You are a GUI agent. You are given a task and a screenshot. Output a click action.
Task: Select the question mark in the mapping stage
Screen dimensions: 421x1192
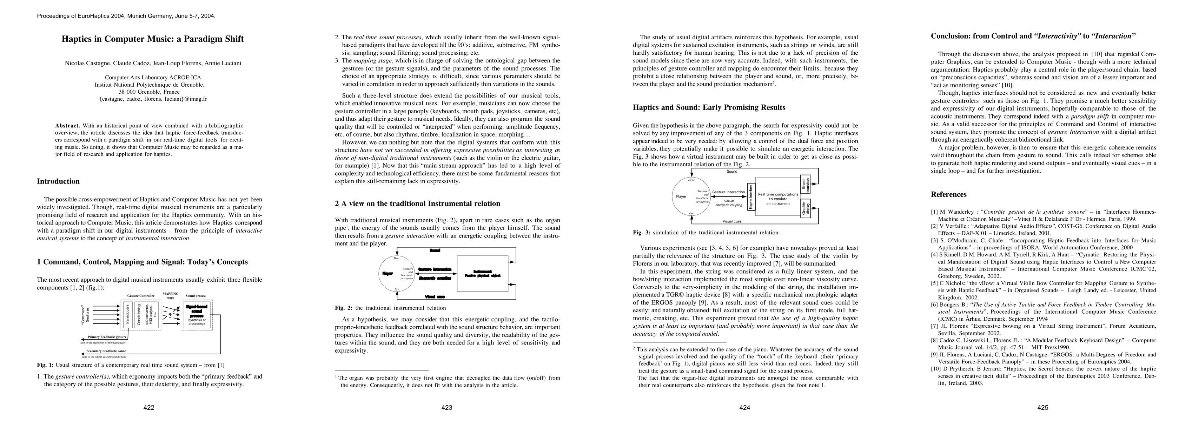click(x=170, y=316)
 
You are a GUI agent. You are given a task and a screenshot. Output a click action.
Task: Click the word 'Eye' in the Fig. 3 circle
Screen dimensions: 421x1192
click(x=691, y=213)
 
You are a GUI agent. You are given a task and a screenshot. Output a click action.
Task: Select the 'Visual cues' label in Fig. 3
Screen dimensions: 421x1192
click(x=732, y=221)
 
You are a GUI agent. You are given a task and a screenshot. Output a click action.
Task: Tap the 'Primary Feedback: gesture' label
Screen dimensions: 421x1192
click(x=107, y=337)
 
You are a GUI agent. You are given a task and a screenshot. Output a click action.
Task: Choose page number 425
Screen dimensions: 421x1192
click(x=1042, y=408)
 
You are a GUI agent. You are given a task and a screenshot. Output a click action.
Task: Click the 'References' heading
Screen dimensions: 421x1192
click(x=949, y=194)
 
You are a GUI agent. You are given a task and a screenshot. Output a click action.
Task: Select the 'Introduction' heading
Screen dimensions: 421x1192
click(x=58, y=181)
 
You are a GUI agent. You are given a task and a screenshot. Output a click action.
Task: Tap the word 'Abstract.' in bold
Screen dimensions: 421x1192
click(x=67, y=125)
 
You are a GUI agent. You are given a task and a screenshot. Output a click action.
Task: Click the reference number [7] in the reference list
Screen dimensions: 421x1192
click(x=935, y=325)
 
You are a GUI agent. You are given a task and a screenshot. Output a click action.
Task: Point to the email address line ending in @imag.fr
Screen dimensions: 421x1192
click(x=153, y=99)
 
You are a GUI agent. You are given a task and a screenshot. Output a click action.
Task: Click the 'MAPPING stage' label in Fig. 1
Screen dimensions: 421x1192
click(x=171, y=295)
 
